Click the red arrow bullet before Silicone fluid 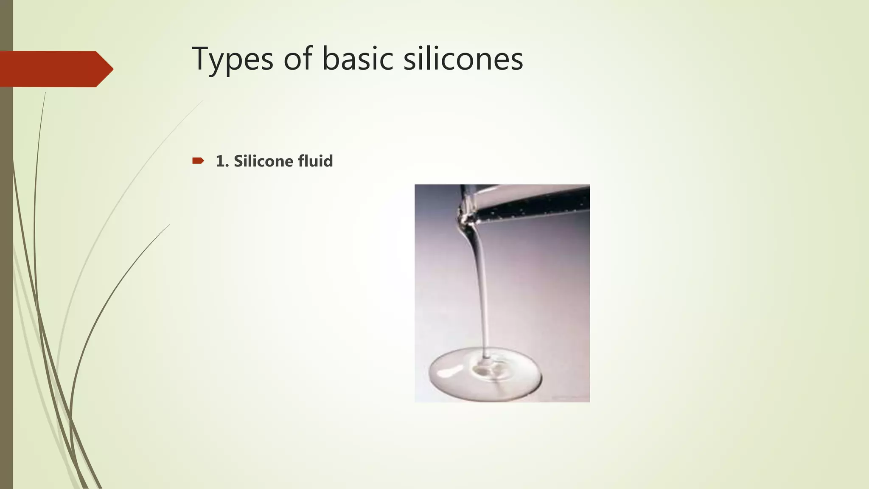(x=198, y=160)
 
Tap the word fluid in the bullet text (x=315, y=161)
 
